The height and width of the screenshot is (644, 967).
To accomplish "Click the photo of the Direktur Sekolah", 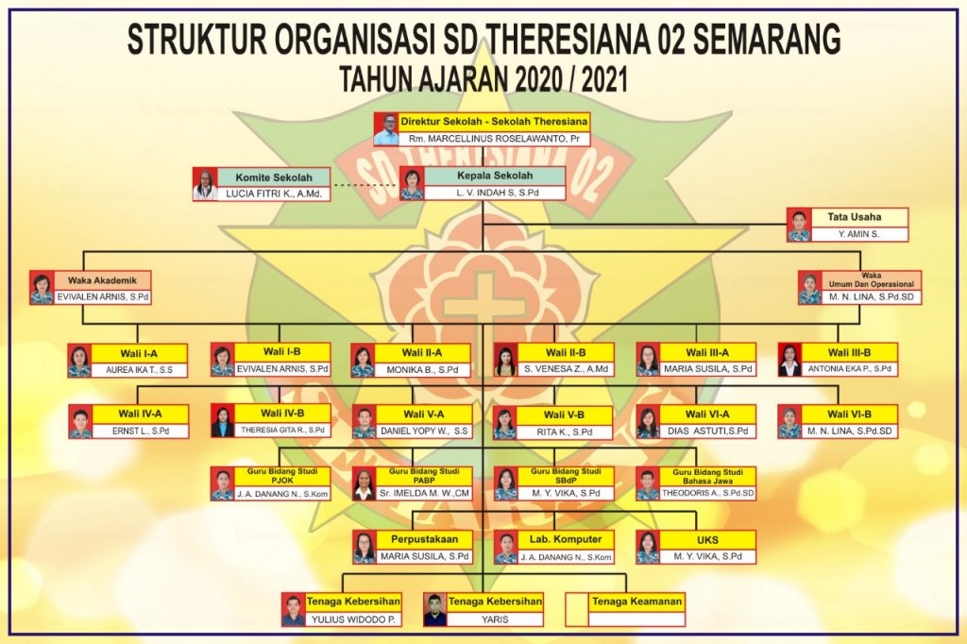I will pos(385,130).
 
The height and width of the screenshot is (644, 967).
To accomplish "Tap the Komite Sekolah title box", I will pos(274,177).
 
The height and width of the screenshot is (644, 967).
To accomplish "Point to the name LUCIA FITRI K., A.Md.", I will pos(275,194).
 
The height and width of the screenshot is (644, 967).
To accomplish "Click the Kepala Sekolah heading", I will pos(495,176).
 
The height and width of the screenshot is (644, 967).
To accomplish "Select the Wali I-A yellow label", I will pos(139,353).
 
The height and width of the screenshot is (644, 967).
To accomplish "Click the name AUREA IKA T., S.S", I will pos(139,369).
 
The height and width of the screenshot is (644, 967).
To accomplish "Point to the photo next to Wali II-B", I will pos(505,360).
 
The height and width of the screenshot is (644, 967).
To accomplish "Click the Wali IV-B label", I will pos(281,413).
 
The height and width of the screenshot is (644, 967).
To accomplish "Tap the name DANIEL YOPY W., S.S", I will pos(423,431).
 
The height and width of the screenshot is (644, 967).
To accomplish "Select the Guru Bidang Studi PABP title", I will pos(424,475).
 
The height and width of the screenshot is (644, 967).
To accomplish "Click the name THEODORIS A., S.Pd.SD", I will pos(707,493).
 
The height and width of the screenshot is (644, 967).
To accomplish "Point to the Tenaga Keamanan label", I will pos(636,601).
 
